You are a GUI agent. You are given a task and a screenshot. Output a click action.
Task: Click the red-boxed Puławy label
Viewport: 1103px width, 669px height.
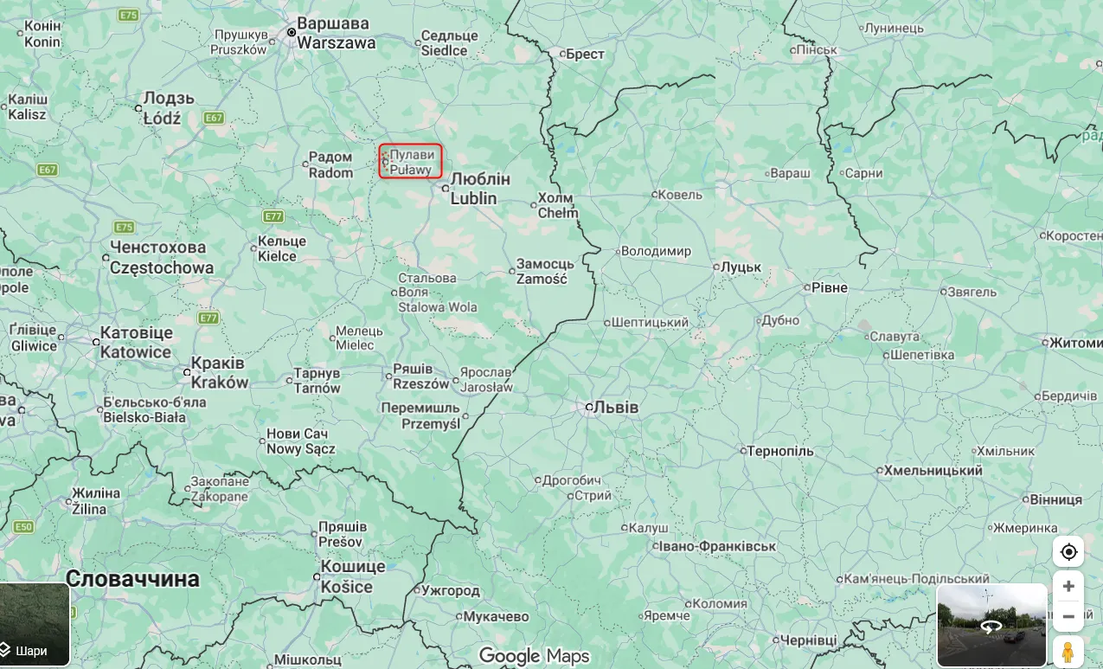click(x=410, y=162)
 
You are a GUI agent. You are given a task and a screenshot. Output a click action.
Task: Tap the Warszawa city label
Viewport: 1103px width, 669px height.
click(x=336, y=33)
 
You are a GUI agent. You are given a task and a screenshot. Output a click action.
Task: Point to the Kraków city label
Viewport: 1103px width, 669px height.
click(x=219, y=373)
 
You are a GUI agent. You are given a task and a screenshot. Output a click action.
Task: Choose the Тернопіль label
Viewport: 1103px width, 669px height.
click(x=779, y=451)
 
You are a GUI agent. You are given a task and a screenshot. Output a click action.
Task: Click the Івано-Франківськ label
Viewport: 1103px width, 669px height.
click(x=716, y=546)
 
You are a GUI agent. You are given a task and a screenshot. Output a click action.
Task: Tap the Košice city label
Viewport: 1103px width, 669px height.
click(x=353, y=576)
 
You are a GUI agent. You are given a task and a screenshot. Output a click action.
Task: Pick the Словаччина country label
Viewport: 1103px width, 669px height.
click(x=132, y=579)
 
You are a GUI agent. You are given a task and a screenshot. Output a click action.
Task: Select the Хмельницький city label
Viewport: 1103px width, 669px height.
click(x=933, y=471)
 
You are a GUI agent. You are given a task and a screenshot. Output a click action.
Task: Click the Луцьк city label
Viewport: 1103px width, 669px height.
click(x=741, y=267)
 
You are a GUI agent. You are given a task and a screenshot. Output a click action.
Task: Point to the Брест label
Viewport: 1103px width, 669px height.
click(x=585, y=54)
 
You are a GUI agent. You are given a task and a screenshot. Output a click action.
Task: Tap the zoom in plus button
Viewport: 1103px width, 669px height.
click(x=1068, y=586)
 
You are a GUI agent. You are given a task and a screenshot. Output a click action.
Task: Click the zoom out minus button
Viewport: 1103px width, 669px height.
click(x=1068, y=617)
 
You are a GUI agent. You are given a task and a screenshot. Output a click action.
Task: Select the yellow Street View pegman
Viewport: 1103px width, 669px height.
click(x=1068, y=652)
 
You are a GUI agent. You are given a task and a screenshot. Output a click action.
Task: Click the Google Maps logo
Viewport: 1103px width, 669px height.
click(x=534, y=656)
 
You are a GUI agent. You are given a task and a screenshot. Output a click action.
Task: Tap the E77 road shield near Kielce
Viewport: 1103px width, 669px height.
click(x=274, y=216)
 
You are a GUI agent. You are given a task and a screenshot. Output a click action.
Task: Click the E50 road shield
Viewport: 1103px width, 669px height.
click(x=23, y=527)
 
